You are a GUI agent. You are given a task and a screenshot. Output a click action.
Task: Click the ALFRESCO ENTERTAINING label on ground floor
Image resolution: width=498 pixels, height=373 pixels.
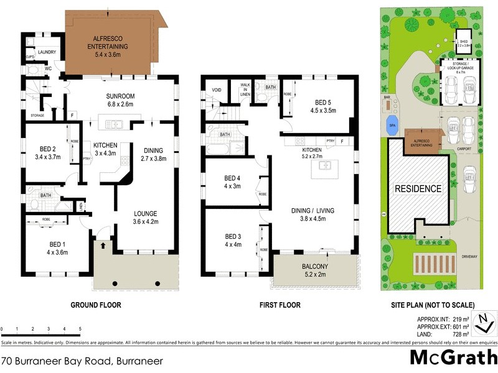(112, 42)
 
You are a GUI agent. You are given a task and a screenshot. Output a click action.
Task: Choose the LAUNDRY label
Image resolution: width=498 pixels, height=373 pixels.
(47, 53)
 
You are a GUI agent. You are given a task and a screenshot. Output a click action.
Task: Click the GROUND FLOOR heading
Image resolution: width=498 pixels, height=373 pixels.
(95, 305)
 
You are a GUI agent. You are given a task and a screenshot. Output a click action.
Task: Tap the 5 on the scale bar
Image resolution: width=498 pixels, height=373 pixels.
(80, 329)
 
